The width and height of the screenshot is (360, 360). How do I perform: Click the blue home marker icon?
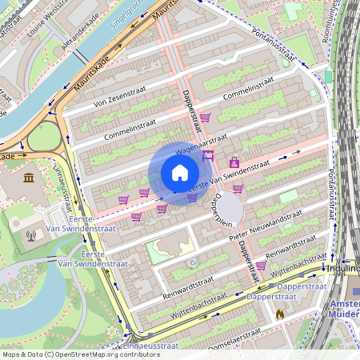tap(179, 173)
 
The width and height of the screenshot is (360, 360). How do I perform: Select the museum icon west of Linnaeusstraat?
tap(29, 178)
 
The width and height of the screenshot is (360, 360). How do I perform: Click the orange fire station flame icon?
tap(279, 314)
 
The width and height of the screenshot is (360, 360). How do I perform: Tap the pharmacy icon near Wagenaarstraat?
tap(234, 162)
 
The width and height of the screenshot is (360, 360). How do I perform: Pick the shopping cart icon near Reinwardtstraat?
tap(261, 265)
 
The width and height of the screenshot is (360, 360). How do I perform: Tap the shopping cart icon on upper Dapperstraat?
tap(205, 117)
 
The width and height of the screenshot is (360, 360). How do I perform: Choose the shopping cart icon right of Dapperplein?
tap(238, 189)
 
